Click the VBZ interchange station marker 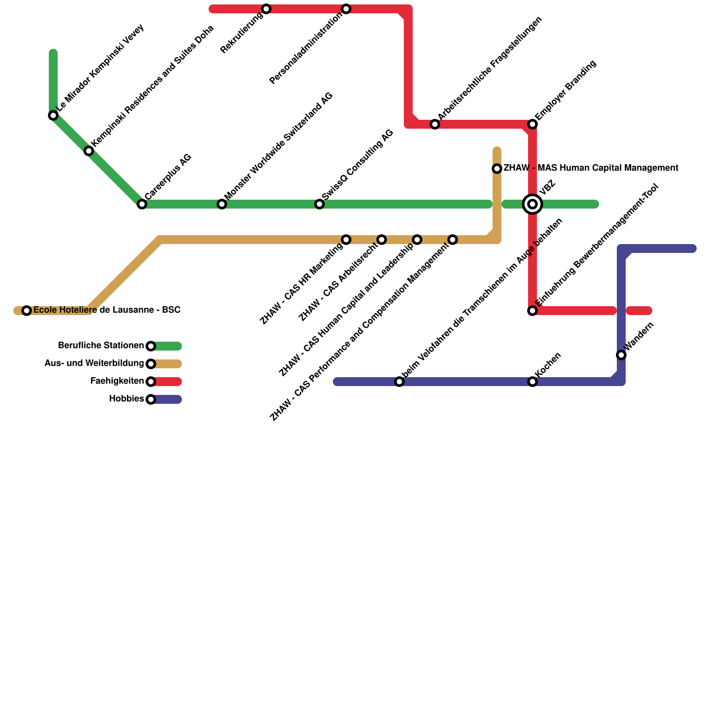[532, 204]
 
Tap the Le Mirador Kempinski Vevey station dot [53, 115]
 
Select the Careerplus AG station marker [142, 204]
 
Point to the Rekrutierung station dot [266, 9]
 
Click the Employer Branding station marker [532, 124]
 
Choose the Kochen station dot [532, 382]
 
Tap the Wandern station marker [621, 355]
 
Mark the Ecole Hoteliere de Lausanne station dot [27, 311]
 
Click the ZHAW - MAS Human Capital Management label [591, 168]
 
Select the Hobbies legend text [126, 399]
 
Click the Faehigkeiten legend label [117, 381]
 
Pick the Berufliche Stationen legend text [101, 346]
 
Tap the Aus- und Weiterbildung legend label [94, 363]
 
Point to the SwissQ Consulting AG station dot [319, 204]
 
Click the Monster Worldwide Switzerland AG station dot [222, 204]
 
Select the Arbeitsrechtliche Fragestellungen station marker [435, 124]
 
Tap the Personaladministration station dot [346, 9]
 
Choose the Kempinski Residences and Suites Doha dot [89, 151]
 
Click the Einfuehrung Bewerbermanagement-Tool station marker [532, 311]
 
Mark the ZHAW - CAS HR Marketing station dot [346, 240]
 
